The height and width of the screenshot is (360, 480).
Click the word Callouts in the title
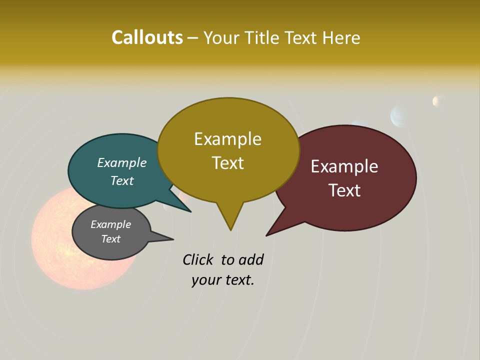click(x=147, y=37)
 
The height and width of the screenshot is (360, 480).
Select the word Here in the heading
click(x=341, y=38)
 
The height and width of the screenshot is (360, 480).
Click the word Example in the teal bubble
click(x=122, y=162)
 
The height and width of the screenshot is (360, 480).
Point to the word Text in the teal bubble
click(x=122, y=180)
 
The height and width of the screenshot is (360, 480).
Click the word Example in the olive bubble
click(x=227, y=139)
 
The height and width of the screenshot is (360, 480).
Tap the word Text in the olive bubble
click(x=228, y=163)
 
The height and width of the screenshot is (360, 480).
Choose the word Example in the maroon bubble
click(x=344, y=166)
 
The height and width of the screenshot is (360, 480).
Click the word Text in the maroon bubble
click(x=344, y=190)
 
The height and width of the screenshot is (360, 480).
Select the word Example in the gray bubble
click(x=110, y=224)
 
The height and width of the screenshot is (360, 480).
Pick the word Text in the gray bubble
click(x=110, y=239)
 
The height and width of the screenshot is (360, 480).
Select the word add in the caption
click(x=251, y=259)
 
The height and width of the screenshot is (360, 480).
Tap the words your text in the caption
click(x=223, y=280)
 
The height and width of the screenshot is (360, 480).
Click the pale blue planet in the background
click(x=400, y=116)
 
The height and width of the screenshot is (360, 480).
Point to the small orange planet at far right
click(x=438, y=101)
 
